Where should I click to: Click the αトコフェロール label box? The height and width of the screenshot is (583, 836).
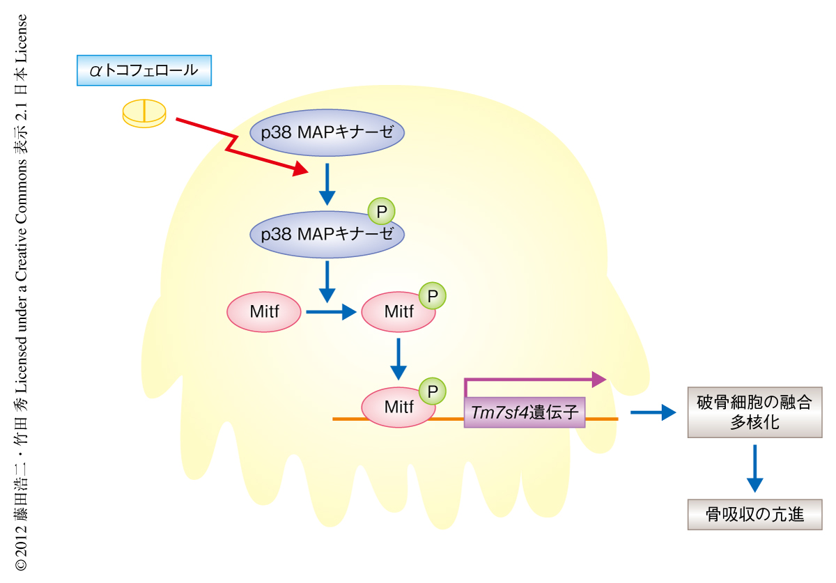[x=144, y=71]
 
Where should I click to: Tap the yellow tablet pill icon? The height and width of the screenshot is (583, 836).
[x=144, y=113]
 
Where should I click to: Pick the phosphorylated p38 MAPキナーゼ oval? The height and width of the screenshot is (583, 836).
[x=327, y=234]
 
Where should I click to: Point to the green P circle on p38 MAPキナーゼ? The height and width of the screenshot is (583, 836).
[x=381, y=210]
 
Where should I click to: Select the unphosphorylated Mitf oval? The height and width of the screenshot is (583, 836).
[x=264, y=311]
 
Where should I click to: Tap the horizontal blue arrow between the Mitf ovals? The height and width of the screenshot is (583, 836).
[x=331, y=312]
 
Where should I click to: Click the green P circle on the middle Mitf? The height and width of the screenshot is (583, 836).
[x=432, y=296]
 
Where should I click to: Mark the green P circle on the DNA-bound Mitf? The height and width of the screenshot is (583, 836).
[x=432, y=391]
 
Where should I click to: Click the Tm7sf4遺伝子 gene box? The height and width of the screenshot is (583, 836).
[x=525, y=412]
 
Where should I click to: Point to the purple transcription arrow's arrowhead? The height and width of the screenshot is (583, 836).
[x=598, y=380]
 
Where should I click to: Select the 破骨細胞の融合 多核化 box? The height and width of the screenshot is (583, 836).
[x=754, y=412]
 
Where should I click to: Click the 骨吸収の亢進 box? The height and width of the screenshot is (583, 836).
[x=754, y=515]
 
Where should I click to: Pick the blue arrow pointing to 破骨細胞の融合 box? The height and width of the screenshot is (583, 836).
[x=653, y=412]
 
